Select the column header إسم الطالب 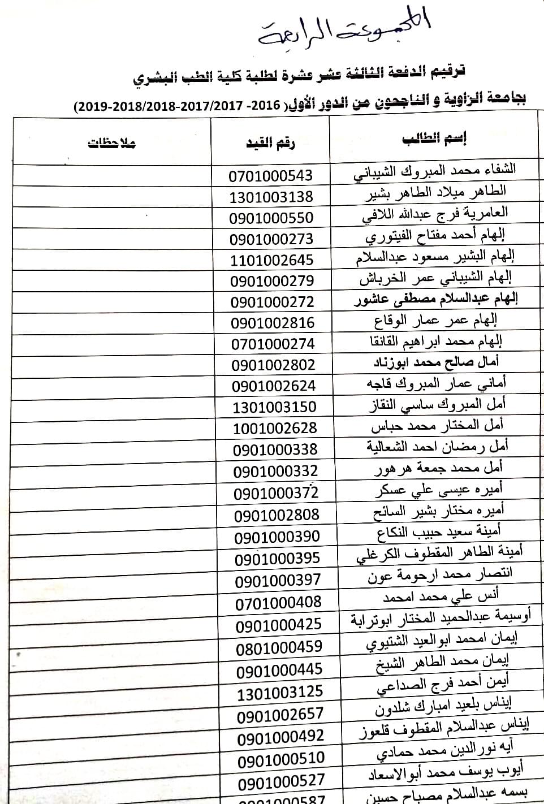pos(434,139)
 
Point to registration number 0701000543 pos(270,176)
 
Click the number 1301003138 pos(271,197)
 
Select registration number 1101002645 pos(271,260)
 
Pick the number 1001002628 pos(275,428)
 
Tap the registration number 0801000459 pos(279,647)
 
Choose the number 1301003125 pos(280,691)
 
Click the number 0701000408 pos(278,602)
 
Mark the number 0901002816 pos(273,323)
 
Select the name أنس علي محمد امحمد pos(441,596)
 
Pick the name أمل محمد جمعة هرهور pos(438,469)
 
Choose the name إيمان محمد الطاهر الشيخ pos(442,662)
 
